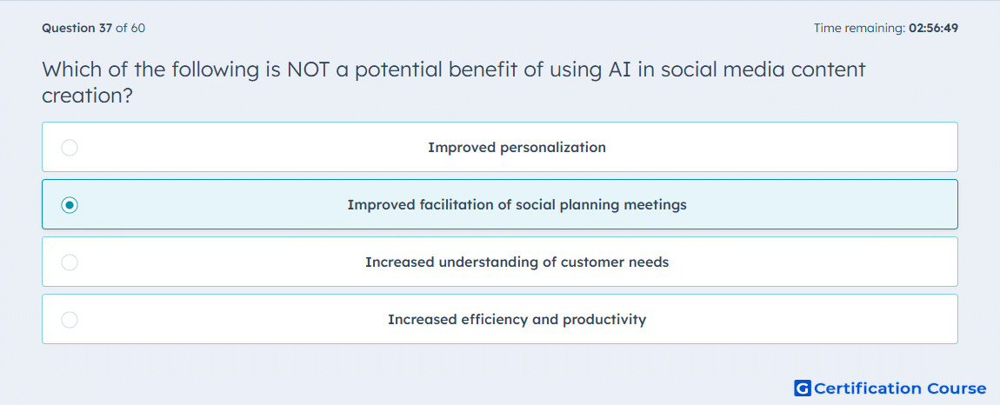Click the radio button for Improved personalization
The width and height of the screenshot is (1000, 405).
point(70,148)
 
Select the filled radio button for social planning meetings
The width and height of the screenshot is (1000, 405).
point(70,205)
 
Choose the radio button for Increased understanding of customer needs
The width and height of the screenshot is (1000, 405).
point(70,262)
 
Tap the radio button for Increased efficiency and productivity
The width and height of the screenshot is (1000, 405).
point(70,320)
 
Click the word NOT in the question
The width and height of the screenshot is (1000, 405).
point(309,70)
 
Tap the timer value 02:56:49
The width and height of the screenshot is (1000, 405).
point(932,28)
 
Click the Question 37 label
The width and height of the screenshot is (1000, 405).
point(77,28)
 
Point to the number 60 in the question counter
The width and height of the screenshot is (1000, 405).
point(137,28)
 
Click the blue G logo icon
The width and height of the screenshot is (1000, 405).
point(803,388)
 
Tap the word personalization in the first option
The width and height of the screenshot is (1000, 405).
point(553,148)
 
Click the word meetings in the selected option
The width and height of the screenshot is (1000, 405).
point(657,205)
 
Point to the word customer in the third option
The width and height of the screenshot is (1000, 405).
point(591,262)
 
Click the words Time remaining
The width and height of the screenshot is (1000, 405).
point(858,28)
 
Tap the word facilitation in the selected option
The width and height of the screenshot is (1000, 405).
point(453,205)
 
